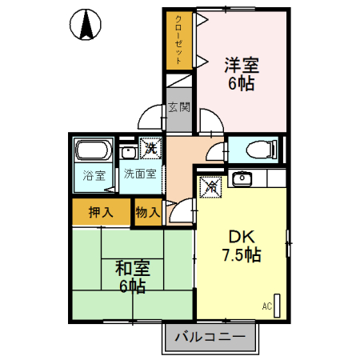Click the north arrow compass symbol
tap(86, 26)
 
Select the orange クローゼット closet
tap(179, 40)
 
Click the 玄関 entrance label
tap(179, 106)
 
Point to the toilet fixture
tap(258, 150)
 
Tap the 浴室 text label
tap(94, 175)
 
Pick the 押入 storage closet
tap(99, 212)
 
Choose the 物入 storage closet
tap(147, 212)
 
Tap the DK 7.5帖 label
tap(241, 246)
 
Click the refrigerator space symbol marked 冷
tap(211, 185)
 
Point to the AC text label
tap(267, 305)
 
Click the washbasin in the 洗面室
tap(127, 152)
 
